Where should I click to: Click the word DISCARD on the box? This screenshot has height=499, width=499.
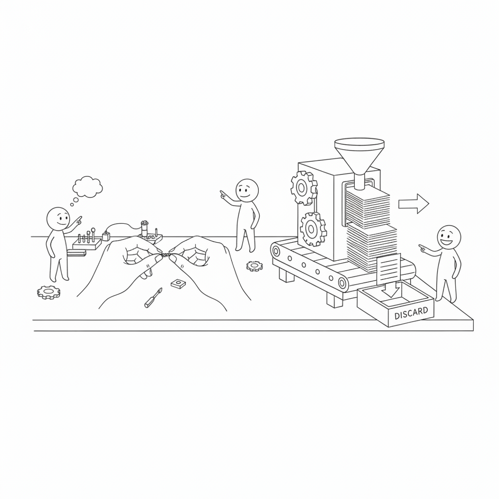click(x=411, y=313)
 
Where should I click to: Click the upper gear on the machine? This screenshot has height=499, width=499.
click(x=304, y=188)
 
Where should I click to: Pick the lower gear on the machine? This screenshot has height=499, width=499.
click(x=313, y=229)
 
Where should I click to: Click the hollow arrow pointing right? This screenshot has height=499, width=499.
click(x=414, y=204)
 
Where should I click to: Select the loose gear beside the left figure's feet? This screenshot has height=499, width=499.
click(x=48, y=292)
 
